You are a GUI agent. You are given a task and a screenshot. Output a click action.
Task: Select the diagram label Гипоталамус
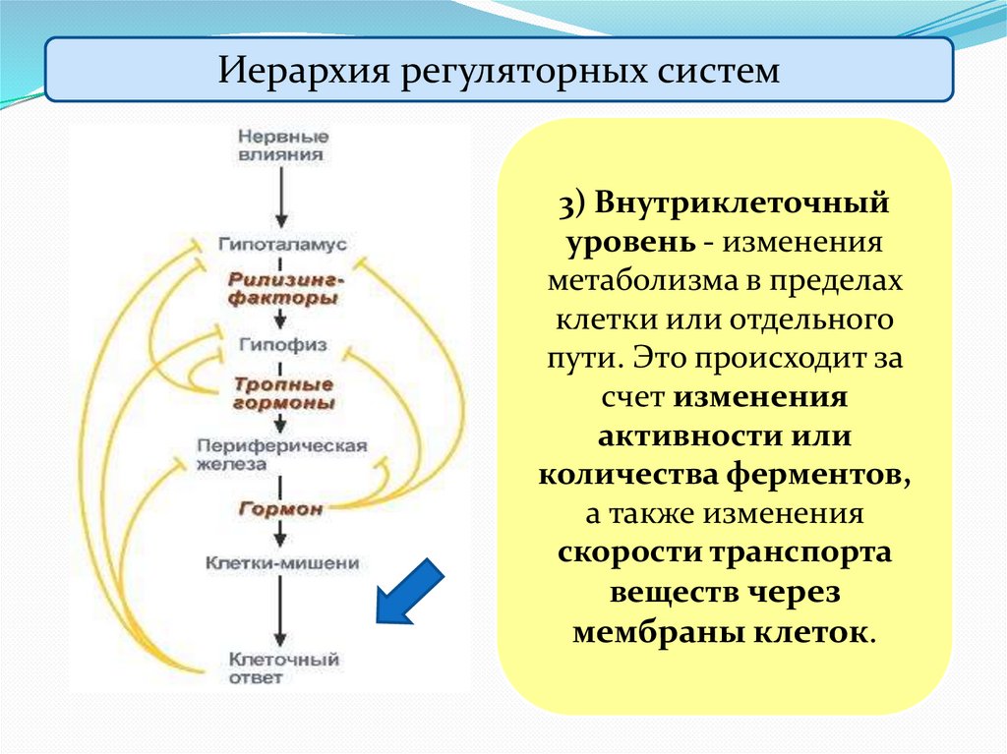coord(282,243)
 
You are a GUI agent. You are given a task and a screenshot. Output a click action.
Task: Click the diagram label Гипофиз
coord(282,345)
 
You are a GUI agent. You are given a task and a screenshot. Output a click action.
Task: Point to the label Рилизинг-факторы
coord(282,287)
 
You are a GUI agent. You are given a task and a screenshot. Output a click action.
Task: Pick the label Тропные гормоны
coord(283,393)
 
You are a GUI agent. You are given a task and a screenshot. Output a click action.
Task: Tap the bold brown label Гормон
coord(281,508)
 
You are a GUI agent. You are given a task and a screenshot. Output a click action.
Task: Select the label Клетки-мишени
coord(282,563)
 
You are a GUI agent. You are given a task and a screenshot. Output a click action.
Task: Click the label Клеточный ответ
coord(282,668)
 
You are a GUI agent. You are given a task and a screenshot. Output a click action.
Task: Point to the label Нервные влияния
coord(283,145)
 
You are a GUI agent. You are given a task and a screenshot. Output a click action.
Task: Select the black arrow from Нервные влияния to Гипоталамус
coord(282,197)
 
